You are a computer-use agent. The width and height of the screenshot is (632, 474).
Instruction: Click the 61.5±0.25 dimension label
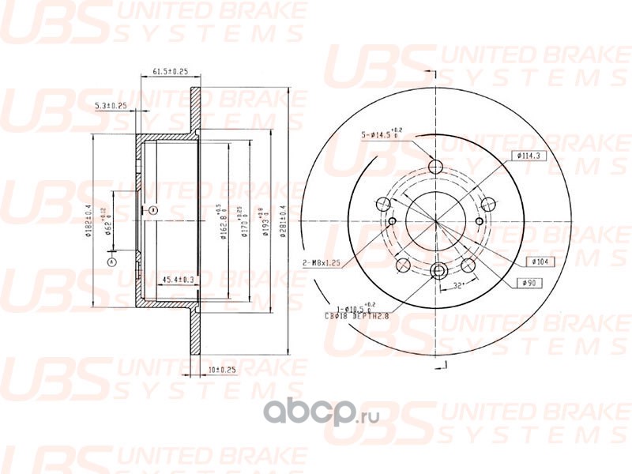(x=168, y=72)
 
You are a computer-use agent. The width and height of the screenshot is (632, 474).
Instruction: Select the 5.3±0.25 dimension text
(x=111, y=105)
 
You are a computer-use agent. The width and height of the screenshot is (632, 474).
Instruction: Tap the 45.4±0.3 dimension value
(x=179, y=280)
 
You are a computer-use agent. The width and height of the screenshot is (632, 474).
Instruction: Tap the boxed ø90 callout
(x=529, y=282)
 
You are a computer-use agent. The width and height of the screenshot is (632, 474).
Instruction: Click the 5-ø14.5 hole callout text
(x=382, y=133)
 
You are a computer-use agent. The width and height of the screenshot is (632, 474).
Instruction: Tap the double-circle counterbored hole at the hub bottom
(x=438, y=272)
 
